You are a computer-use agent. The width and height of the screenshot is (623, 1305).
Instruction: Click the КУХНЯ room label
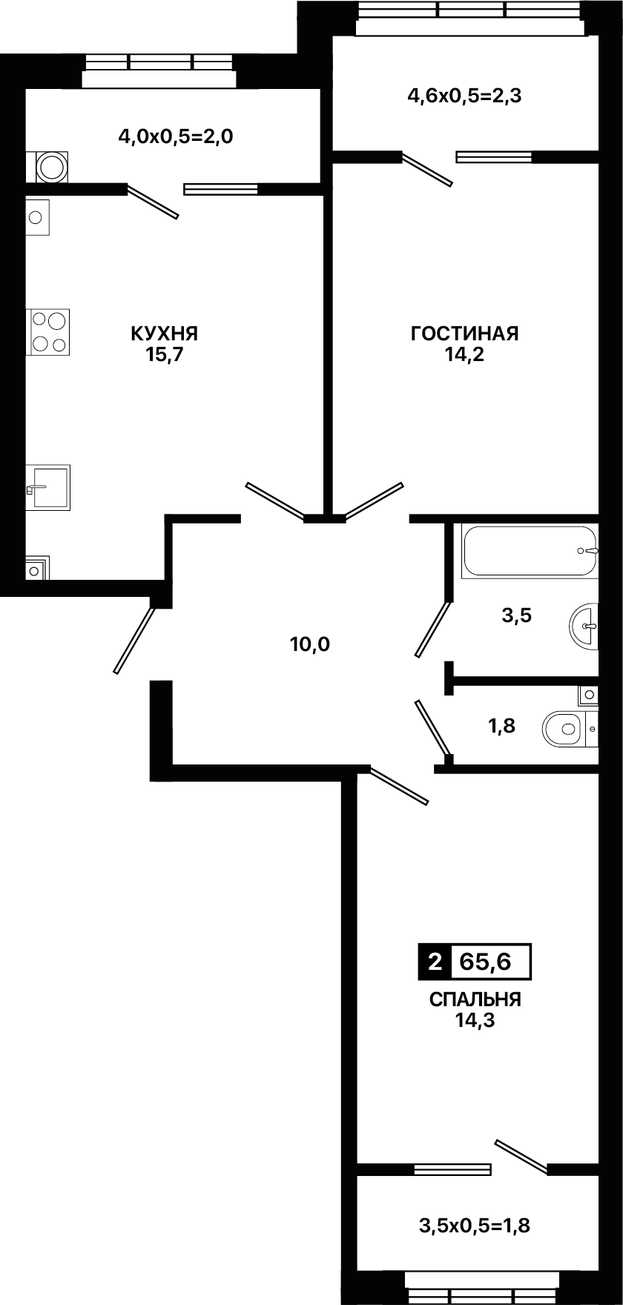165,334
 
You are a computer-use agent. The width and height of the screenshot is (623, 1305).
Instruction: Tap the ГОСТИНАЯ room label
465,334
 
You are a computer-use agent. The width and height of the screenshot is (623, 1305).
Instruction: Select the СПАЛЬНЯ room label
475,1000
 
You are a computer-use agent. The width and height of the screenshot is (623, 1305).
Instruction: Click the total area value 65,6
486,961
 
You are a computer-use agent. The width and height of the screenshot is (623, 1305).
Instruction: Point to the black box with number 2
435,962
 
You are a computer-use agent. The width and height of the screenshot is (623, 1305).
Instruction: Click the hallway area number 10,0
310,644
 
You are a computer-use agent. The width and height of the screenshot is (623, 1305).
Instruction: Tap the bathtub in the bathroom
530,551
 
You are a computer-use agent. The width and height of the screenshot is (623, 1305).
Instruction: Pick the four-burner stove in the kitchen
49,331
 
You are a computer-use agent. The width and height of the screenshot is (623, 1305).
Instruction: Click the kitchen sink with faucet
48,487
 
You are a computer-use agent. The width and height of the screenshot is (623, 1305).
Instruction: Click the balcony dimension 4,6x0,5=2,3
465,96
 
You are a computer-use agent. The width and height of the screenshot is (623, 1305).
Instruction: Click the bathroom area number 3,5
517,615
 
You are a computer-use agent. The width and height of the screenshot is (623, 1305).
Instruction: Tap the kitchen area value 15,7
165,354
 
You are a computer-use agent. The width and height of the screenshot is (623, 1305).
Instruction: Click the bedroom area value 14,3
475,1020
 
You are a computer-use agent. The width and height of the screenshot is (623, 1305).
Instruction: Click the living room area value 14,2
465,354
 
